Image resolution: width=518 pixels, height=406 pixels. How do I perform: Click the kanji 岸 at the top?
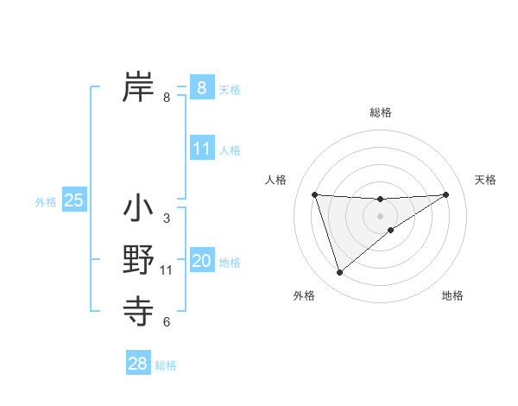click(138, 86)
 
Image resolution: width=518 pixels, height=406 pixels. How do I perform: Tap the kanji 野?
click(138, 260)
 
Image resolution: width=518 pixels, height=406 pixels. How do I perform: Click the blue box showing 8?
click(201, 87)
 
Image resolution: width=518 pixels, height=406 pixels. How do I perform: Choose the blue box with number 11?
click(201, 148)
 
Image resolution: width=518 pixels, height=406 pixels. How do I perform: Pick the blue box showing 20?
click(201, 261)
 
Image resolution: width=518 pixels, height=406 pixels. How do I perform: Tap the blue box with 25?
click(73, 200)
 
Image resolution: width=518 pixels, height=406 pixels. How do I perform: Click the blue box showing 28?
click(137, 364)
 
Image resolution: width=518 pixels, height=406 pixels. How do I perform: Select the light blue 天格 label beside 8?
click(230, 89)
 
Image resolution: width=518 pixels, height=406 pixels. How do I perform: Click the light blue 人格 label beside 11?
click(230, 149)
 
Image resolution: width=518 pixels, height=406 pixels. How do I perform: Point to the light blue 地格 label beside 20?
click(230, 263)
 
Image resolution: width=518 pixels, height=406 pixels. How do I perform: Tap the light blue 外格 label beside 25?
click(46, 202)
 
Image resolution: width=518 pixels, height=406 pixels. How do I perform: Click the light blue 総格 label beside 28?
click(166, 365)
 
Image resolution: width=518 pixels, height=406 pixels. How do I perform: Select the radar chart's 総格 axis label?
click(380, 112)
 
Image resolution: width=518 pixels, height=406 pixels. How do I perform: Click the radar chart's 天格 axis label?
click(486, 180)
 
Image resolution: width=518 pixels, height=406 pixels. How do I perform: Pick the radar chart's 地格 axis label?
click(452, 295)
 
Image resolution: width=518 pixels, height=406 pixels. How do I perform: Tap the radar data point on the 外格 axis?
click(339, 273)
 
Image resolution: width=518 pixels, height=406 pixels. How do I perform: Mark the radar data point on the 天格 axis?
click(445, 194)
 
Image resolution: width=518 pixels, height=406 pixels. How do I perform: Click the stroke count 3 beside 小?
click(167, 219)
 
